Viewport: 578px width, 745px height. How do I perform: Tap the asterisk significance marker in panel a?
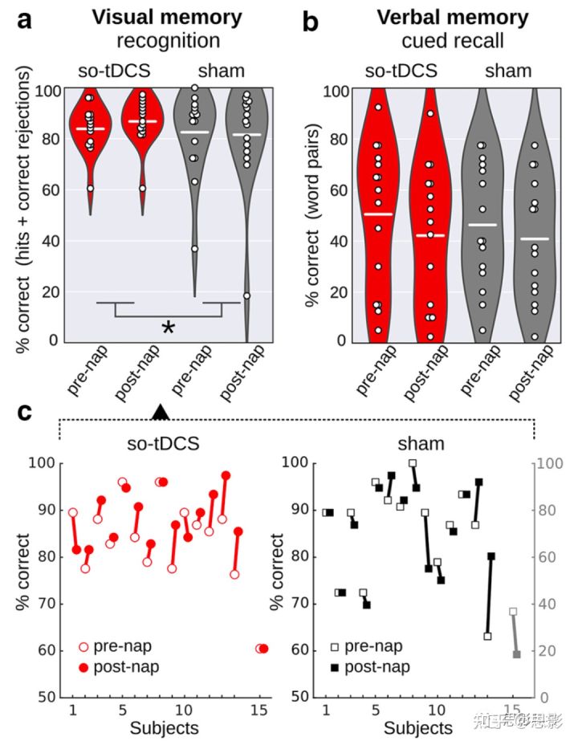(168, 328)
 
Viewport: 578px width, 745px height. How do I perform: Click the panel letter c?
(25, 412)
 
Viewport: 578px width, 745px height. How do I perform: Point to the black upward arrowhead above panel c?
(161, 411)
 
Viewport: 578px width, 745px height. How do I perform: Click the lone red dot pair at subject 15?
(262, 648)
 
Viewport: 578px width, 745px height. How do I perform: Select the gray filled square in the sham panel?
(517, 654)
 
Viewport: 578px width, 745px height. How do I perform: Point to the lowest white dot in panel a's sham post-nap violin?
(247, 295)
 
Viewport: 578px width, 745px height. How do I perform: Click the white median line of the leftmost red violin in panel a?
(90, 128)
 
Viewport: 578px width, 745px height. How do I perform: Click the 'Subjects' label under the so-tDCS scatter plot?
(165, 728)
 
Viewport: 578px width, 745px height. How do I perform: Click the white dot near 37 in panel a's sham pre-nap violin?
(194, 249)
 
